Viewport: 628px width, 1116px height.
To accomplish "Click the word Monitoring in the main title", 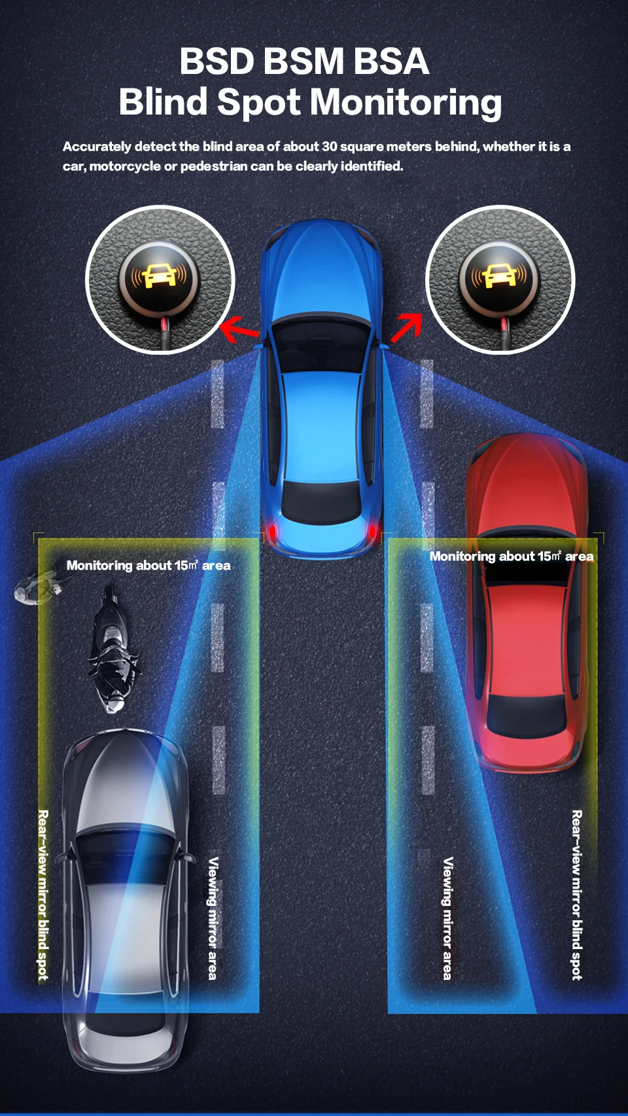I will (406, 103).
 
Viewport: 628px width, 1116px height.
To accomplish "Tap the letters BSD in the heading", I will (217, 62).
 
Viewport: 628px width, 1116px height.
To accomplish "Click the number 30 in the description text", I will (329, 147).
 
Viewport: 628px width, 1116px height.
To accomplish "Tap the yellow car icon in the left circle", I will (159, 276).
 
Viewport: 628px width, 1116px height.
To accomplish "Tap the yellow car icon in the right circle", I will (500, 276).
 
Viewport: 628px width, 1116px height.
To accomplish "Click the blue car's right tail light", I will (372, 529).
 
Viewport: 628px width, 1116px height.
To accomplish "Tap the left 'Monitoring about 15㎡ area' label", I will (148, 566).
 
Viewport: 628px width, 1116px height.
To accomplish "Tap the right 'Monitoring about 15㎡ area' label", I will (512, 556).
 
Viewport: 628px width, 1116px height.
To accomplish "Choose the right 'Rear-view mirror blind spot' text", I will (576, 895).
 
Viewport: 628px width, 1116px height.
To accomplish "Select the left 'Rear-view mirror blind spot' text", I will (43, 895).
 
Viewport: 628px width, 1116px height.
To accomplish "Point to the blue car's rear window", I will (321, 501).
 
